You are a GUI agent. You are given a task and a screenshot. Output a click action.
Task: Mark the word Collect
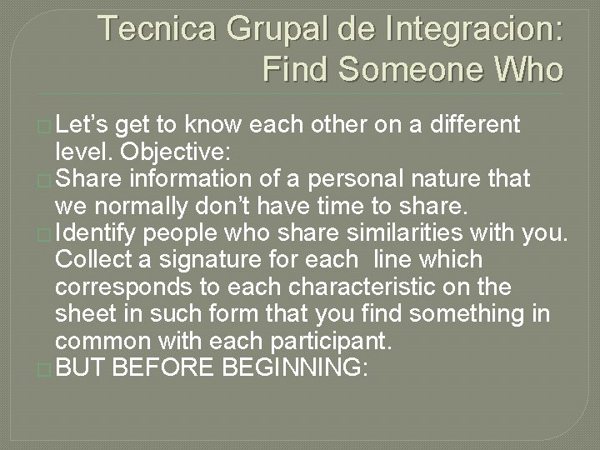[94, 259]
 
